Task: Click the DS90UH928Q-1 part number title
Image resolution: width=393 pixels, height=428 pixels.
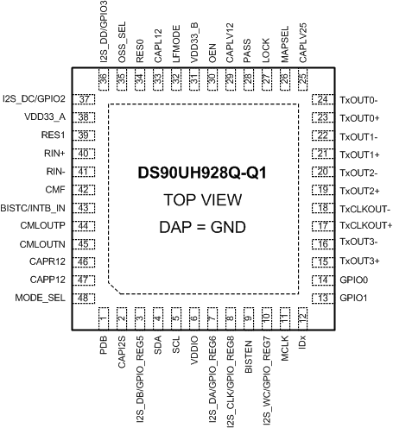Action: (201, 173)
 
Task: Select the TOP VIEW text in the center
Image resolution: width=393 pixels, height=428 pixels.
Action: (201, 200)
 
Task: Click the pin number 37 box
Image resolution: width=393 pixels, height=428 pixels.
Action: (85, 99)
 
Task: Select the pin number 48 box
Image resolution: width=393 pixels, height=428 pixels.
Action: (85, 298)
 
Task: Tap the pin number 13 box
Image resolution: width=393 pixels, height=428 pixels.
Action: (320, 298)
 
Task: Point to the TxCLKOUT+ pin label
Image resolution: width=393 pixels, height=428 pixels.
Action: (367, 225)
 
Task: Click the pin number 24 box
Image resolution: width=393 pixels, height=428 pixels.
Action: (320, 99)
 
